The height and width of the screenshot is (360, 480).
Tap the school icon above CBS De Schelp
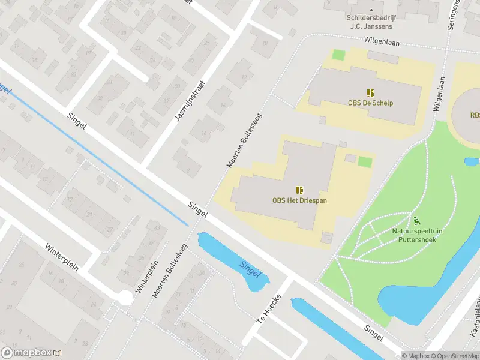[371, 92]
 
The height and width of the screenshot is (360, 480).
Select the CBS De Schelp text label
[371, 103]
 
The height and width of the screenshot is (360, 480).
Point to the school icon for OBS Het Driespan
[299, 190]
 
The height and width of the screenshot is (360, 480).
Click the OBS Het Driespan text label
[299, 200]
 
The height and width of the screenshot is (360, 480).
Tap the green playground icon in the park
[416, 220]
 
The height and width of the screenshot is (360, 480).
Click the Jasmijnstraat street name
[190, 101]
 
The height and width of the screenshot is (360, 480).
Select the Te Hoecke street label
[269, 311]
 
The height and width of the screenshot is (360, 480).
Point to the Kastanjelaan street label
[473, 316]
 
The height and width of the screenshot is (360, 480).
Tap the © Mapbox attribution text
[415, 356]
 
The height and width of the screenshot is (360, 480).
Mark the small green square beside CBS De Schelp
[339, 55]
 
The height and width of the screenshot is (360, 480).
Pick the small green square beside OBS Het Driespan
[365, 161]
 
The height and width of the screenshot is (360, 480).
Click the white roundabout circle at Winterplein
[125, 297]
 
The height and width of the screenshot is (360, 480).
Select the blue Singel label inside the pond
[250, 269]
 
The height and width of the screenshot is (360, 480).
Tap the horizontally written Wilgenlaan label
[382, 43]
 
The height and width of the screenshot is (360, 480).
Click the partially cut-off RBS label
[475, 115]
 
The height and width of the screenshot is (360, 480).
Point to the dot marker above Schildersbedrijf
[371, 10]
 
